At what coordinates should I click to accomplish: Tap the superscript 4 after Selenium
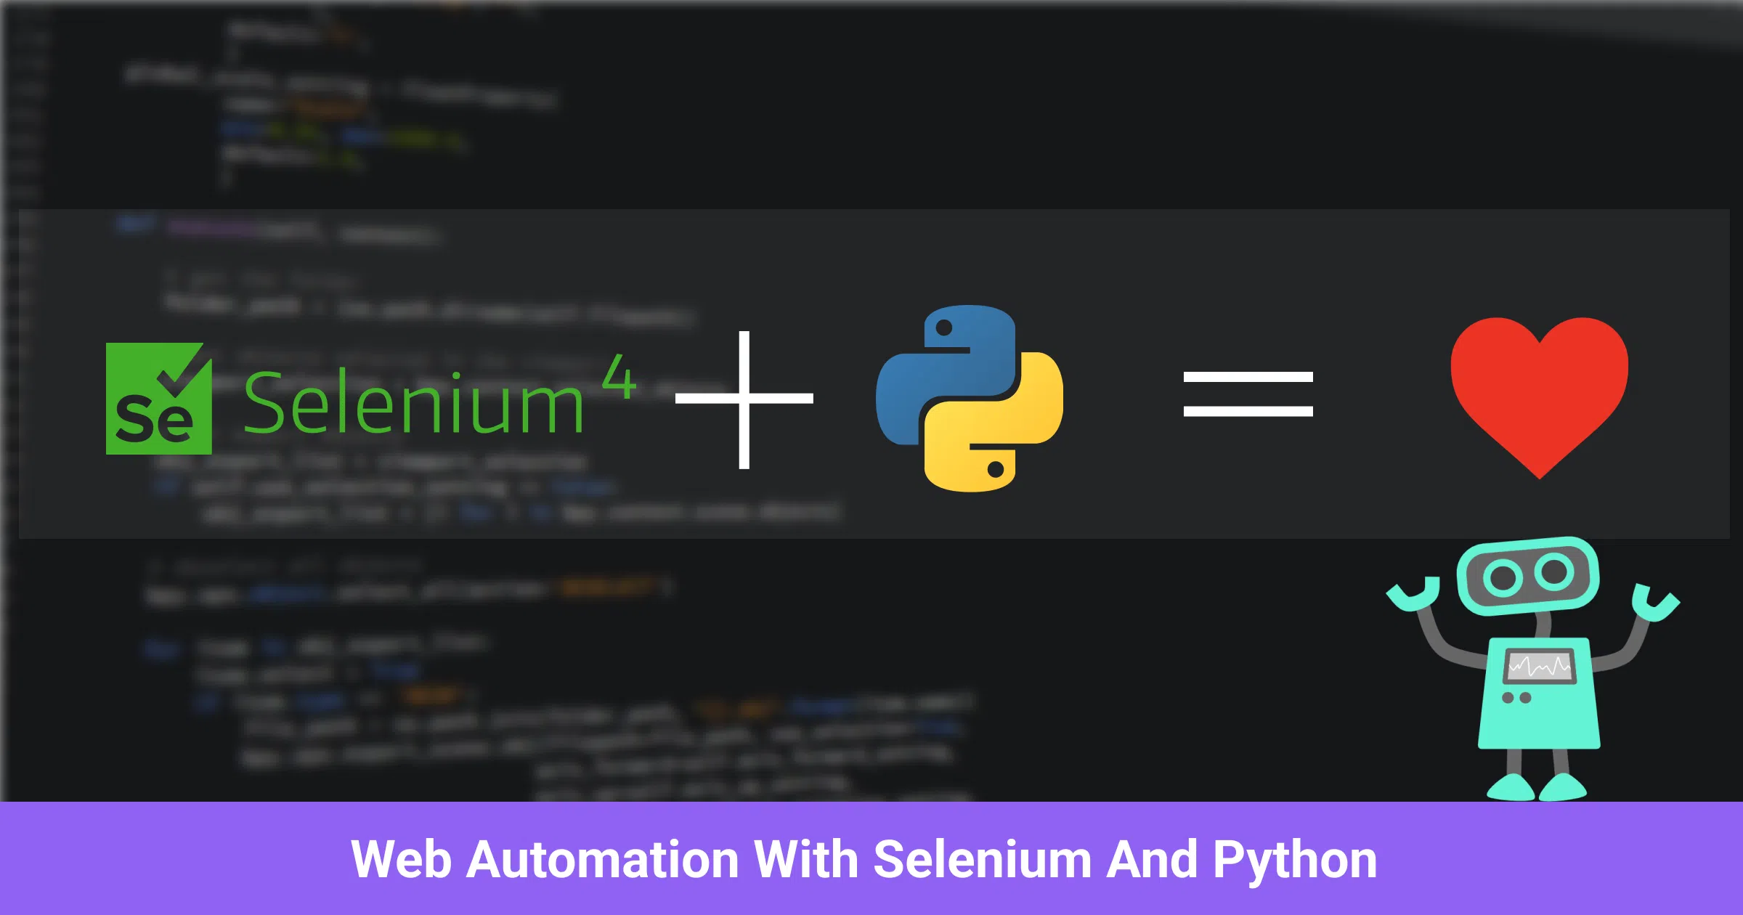click(619, 377)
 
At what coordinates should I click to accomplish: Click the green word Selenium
click(413, 404)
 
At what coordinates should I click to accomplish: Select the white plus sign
click(744, 399)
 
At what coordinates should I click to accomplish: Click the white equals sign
click(1248, 394)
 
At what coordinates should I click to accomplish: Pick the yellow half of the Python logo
click(1002, 436)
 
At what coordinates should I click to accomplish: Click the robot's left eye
click(1503, 578)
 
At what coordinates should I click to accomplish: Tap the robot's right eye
click(1554, 572)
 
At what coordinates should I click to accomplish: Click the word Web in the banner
click(400, 860)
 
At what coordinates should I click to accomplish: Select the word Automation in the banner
click(602, 860)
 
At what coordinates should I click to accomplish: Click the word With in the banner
click(806, 860)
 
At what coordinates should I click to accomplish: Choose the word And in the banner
click(1152, 860)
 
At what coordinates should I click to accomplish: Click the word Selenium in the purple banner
click(982, 860)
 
